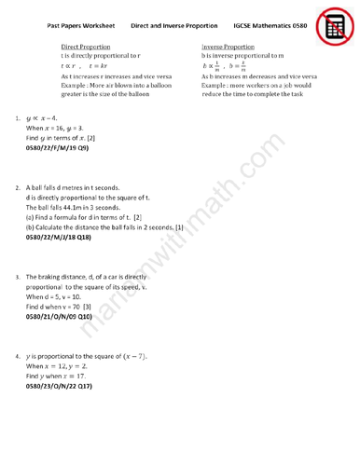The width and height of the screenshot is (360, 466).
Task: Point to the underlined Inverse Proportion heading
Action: [x=228, y=47]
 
